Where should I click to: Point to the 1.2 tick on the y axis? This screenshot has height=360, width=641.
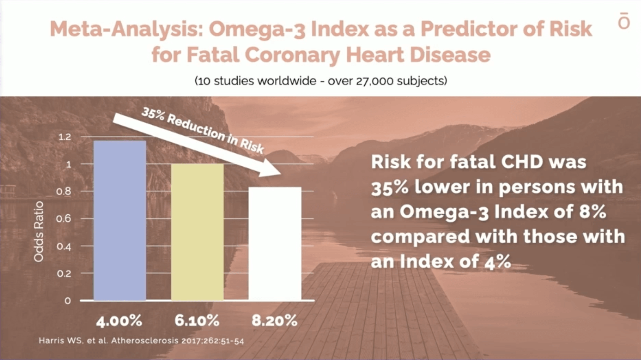point(65,137)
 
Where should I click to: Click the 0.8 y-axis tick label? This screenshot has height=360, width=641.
point(64,191)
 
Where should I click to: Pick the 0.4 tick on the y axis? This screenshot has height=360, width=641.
point(64,246)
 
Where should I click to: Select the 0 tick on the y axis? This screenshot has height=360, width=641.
point(68,301)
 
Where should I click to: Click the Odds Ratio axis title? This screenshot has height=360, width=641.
point(39,231)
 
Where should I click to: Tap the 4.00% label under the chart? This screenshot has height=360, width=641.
point(119,321)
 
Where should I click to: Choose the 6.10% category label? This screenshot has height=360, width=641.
point(197,321)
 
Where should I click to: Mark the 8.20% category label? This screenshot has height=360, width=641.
point(274,321)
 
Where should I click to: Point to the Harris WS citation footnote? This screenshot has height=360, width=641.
point(141,341)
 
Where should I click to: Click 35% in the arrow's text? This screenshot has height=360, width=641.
point(153,113)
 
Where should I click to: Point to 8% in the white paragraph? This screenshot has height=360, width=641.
point(592,212)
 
